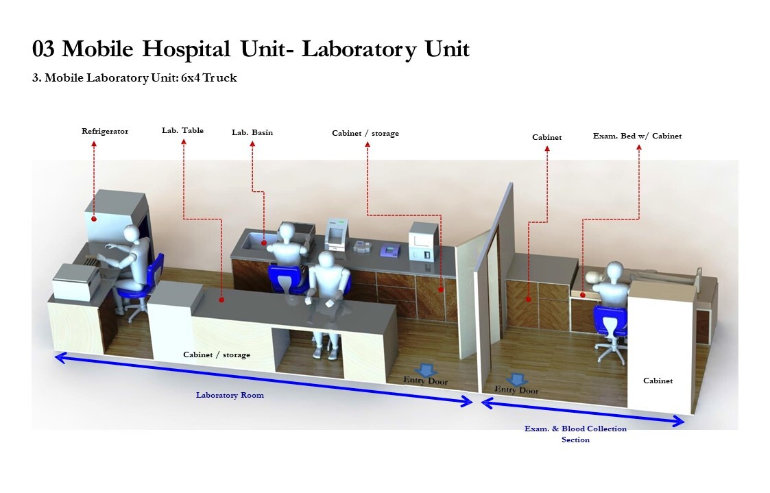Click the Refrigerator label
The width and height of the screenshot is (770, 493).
pyautogui.click(x=105, y=131)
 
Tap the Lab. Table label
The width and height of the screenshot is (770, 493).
pyautogui.click(x=182, y=130)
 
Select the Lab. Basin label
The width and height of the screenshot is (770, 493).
pyautogui.click(x=252, y=132)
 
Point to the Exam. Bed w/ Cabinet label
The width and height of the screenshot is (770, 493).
pyautogui.click(x=637, y=136)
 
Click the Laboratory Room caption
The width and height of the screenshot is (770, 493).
pyautogui.click(x=230, y=395)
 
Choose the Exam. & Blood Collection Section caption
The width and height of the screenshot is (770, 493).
pyautogui.click(x=575, y=434)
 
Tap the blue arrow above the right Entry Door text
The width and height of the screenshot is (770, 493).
pyautogui.click(x=516, y=378)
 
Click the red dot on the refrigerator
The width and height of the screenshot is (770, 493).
pyautogui.click(x=93, y=219)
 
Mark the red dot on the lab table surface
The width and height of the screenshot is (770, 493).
pyautogui.click(x=221, y=300)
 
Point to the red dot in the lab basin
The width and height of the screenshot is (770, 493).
pyautogui.click(x=264, y=242)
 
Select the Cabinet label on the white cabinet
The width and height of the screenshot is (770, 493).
pyautogui.click(x=658, y=381)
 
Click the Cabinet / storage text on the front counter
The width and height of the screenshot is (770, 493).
pyautogui.click(x=216, y=354)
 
